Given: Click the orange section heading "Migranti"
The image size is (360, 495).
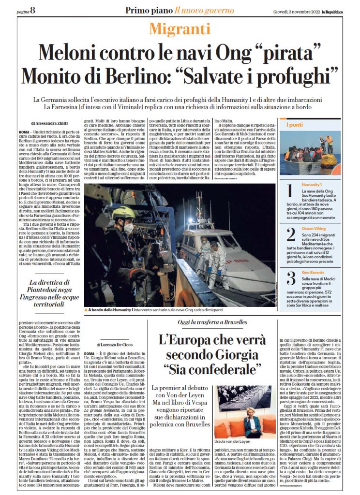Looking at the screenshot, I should pos(180,29).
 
